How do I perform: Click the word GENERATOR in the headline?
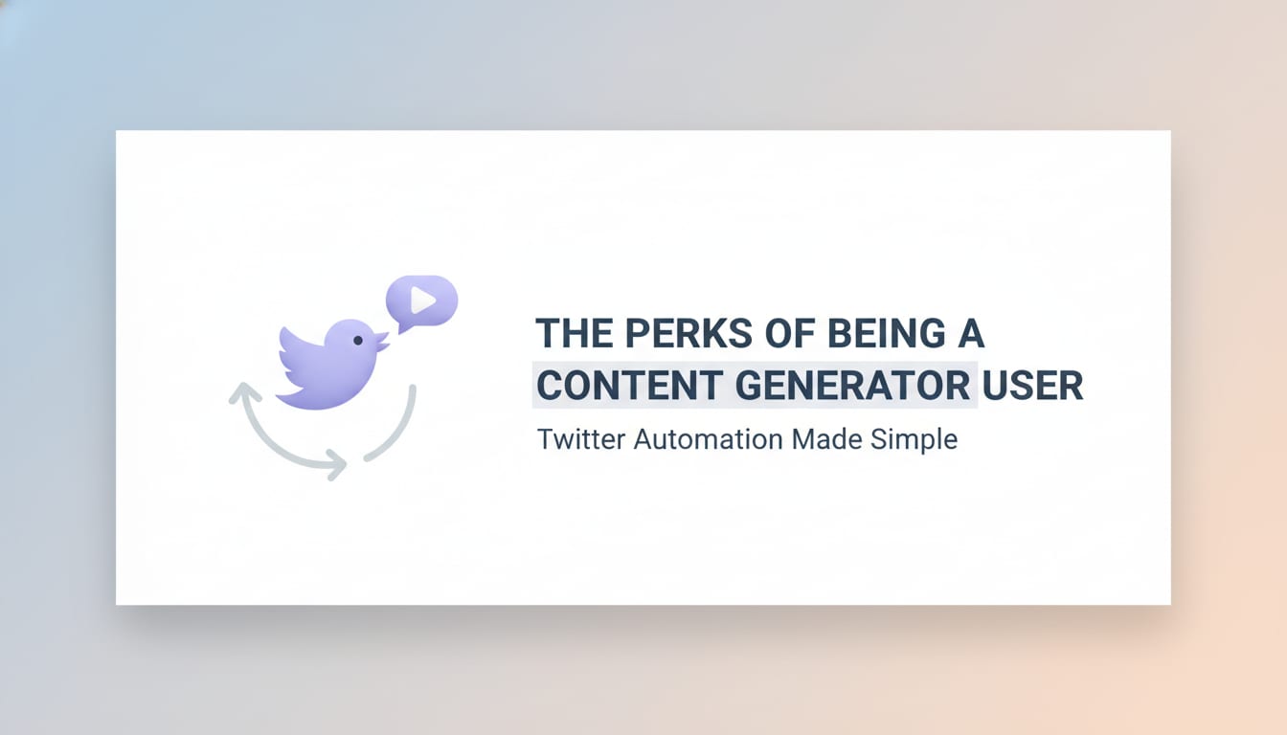851,385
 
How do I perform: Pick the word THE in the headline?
571,333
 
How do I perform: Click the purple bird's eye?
358,340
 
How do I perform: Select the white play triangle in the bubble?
422,301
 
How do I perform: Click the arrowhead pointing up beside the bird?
245,391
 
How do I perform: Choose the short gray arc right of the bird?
396,426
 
